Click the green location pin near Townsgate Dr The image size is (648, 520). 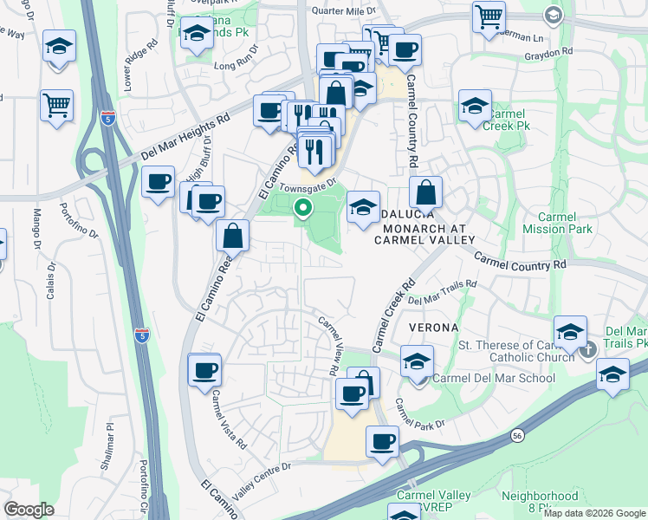303,207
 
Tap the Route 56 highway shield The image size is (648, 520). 517,435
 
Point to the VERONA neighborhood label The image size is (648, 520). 434,328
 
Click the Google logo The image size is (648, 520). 29,510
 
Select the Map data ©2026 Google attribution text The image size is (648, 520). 595,513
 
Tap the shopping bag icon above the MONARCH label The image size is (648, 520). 426,192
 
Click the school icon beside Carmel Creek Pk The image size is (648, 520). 475,107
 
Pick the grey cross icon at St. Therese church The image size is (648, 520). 588,349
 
